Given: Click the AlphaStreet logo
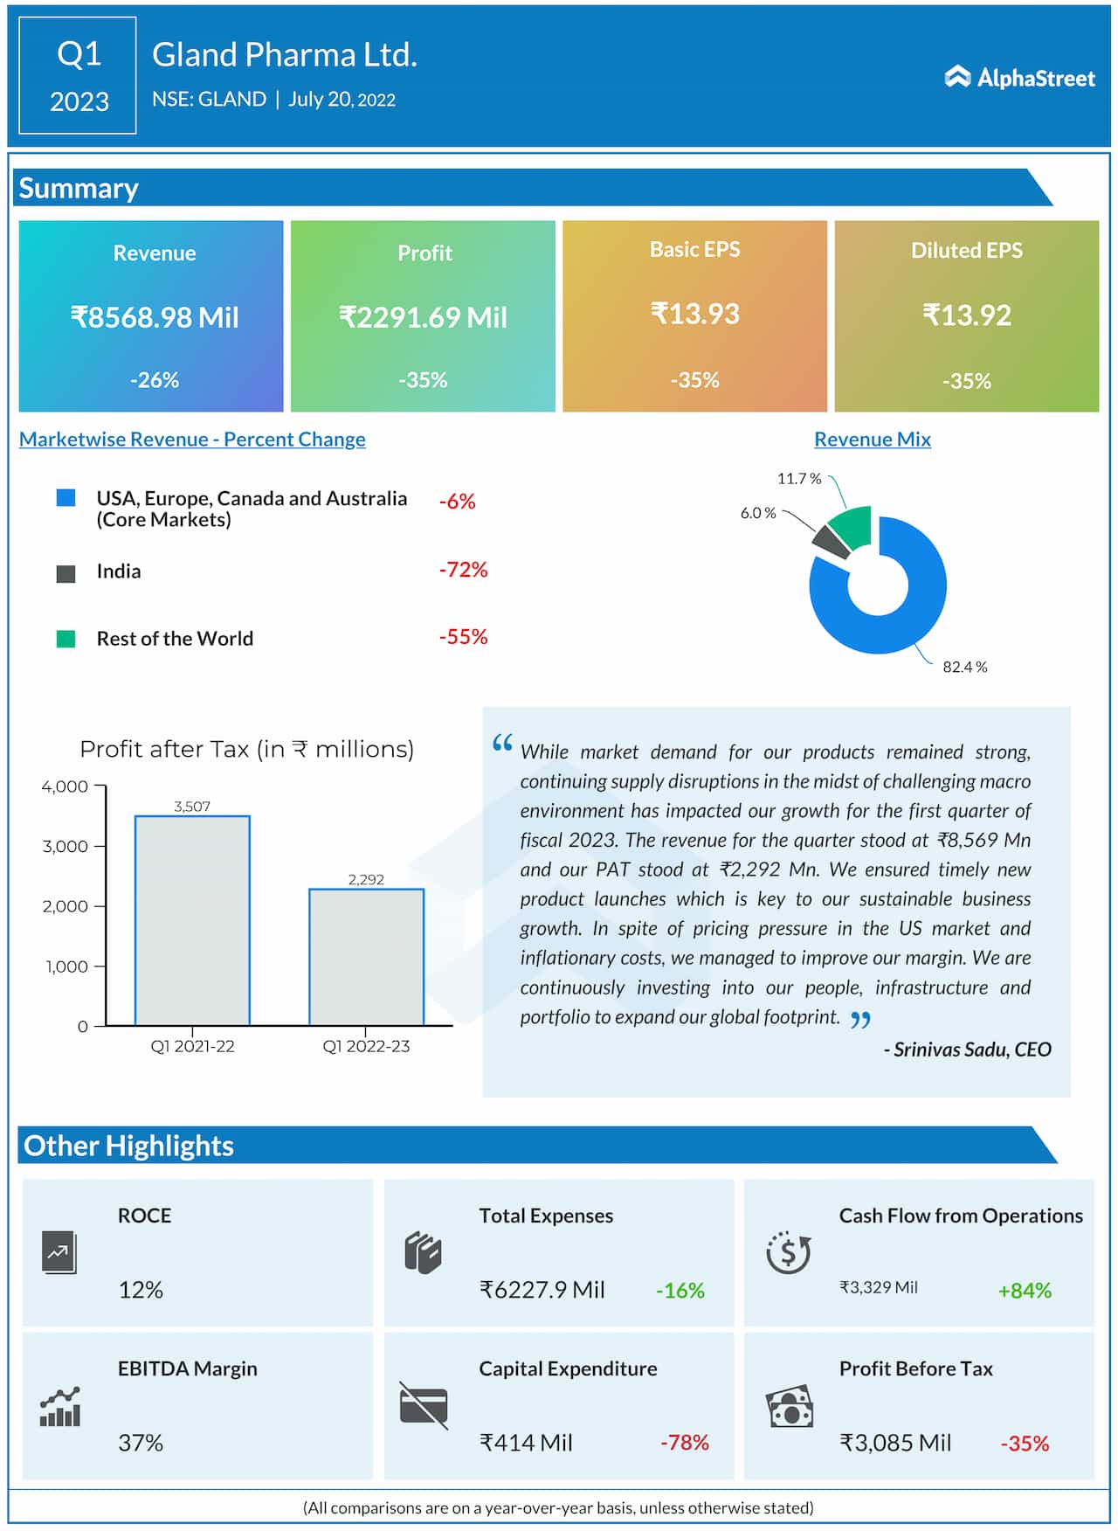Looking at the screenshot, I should pyautogui.click(x=1019, y=78).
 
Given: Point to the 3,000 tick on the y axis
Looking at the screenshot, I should pyautogui.click(x=66, y=846).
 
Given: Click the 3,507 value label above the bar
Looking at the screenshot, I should pyautogui.click(x=192, y=806).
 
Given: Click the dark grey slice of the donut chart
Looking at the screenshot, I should pyautogui.click(x=831, y=542).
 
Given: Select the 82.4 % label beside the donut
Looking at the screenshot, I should pyautogui.click(x=964, y=667).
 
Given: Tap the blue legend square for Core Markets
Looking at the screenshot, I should pyautogui.click(x=66, y=498).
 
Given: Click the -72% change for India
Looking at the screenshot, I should pyautogui.click(x=463, y=570).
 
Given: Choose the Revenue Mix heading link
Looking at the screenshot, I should pyautogui.click(x=872, y=439).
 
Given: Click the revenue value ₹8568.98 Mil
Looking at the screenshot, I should pyautogui.click(x=155, y=316).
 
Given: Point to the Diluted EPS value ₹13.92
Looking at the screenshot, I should pyautogui.click(x=966, y=315).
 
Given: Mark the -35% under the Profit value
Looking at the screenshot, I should pyautogui.click(x=423, y=380).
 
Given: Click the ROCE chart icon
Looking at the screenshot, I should pyautogui.click(x=59, y=1253).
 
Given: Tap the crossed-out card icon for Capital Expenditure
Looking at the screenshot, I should pyautogui.click(x=424, y=1405).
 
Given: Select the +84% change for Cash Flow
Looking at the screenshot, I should pyautogui.click(x=1025, y=1290).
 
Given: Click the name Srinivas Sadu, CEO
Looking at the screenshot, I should pyautogui.click(x=967, y=1050).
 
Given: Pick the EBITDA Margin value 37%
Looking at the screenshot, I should pyautogui.click(x=141, y=1442).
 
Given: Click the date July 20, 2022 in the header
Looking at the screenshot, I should pyautogui.click(x=342, y=100).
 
